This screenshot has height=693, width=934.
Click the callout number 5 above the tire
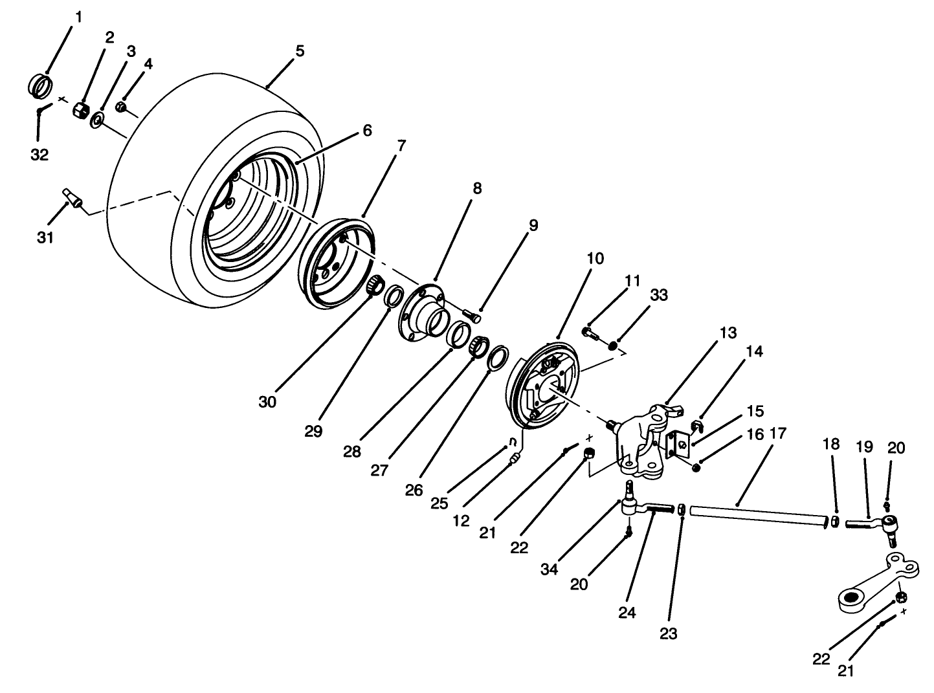(299, 51)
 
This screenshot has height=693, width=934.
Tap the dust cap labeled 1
(41, 85)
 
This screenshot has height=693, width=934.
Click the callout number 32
(39, 155)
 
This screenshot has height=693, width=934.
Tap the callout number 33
(659, 296)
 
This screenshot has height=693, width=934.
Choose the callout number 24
(627, 613)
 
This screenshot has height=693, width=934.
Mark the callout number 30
(267, 401)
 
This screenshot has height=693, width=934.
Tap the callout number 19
(864, 447)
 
